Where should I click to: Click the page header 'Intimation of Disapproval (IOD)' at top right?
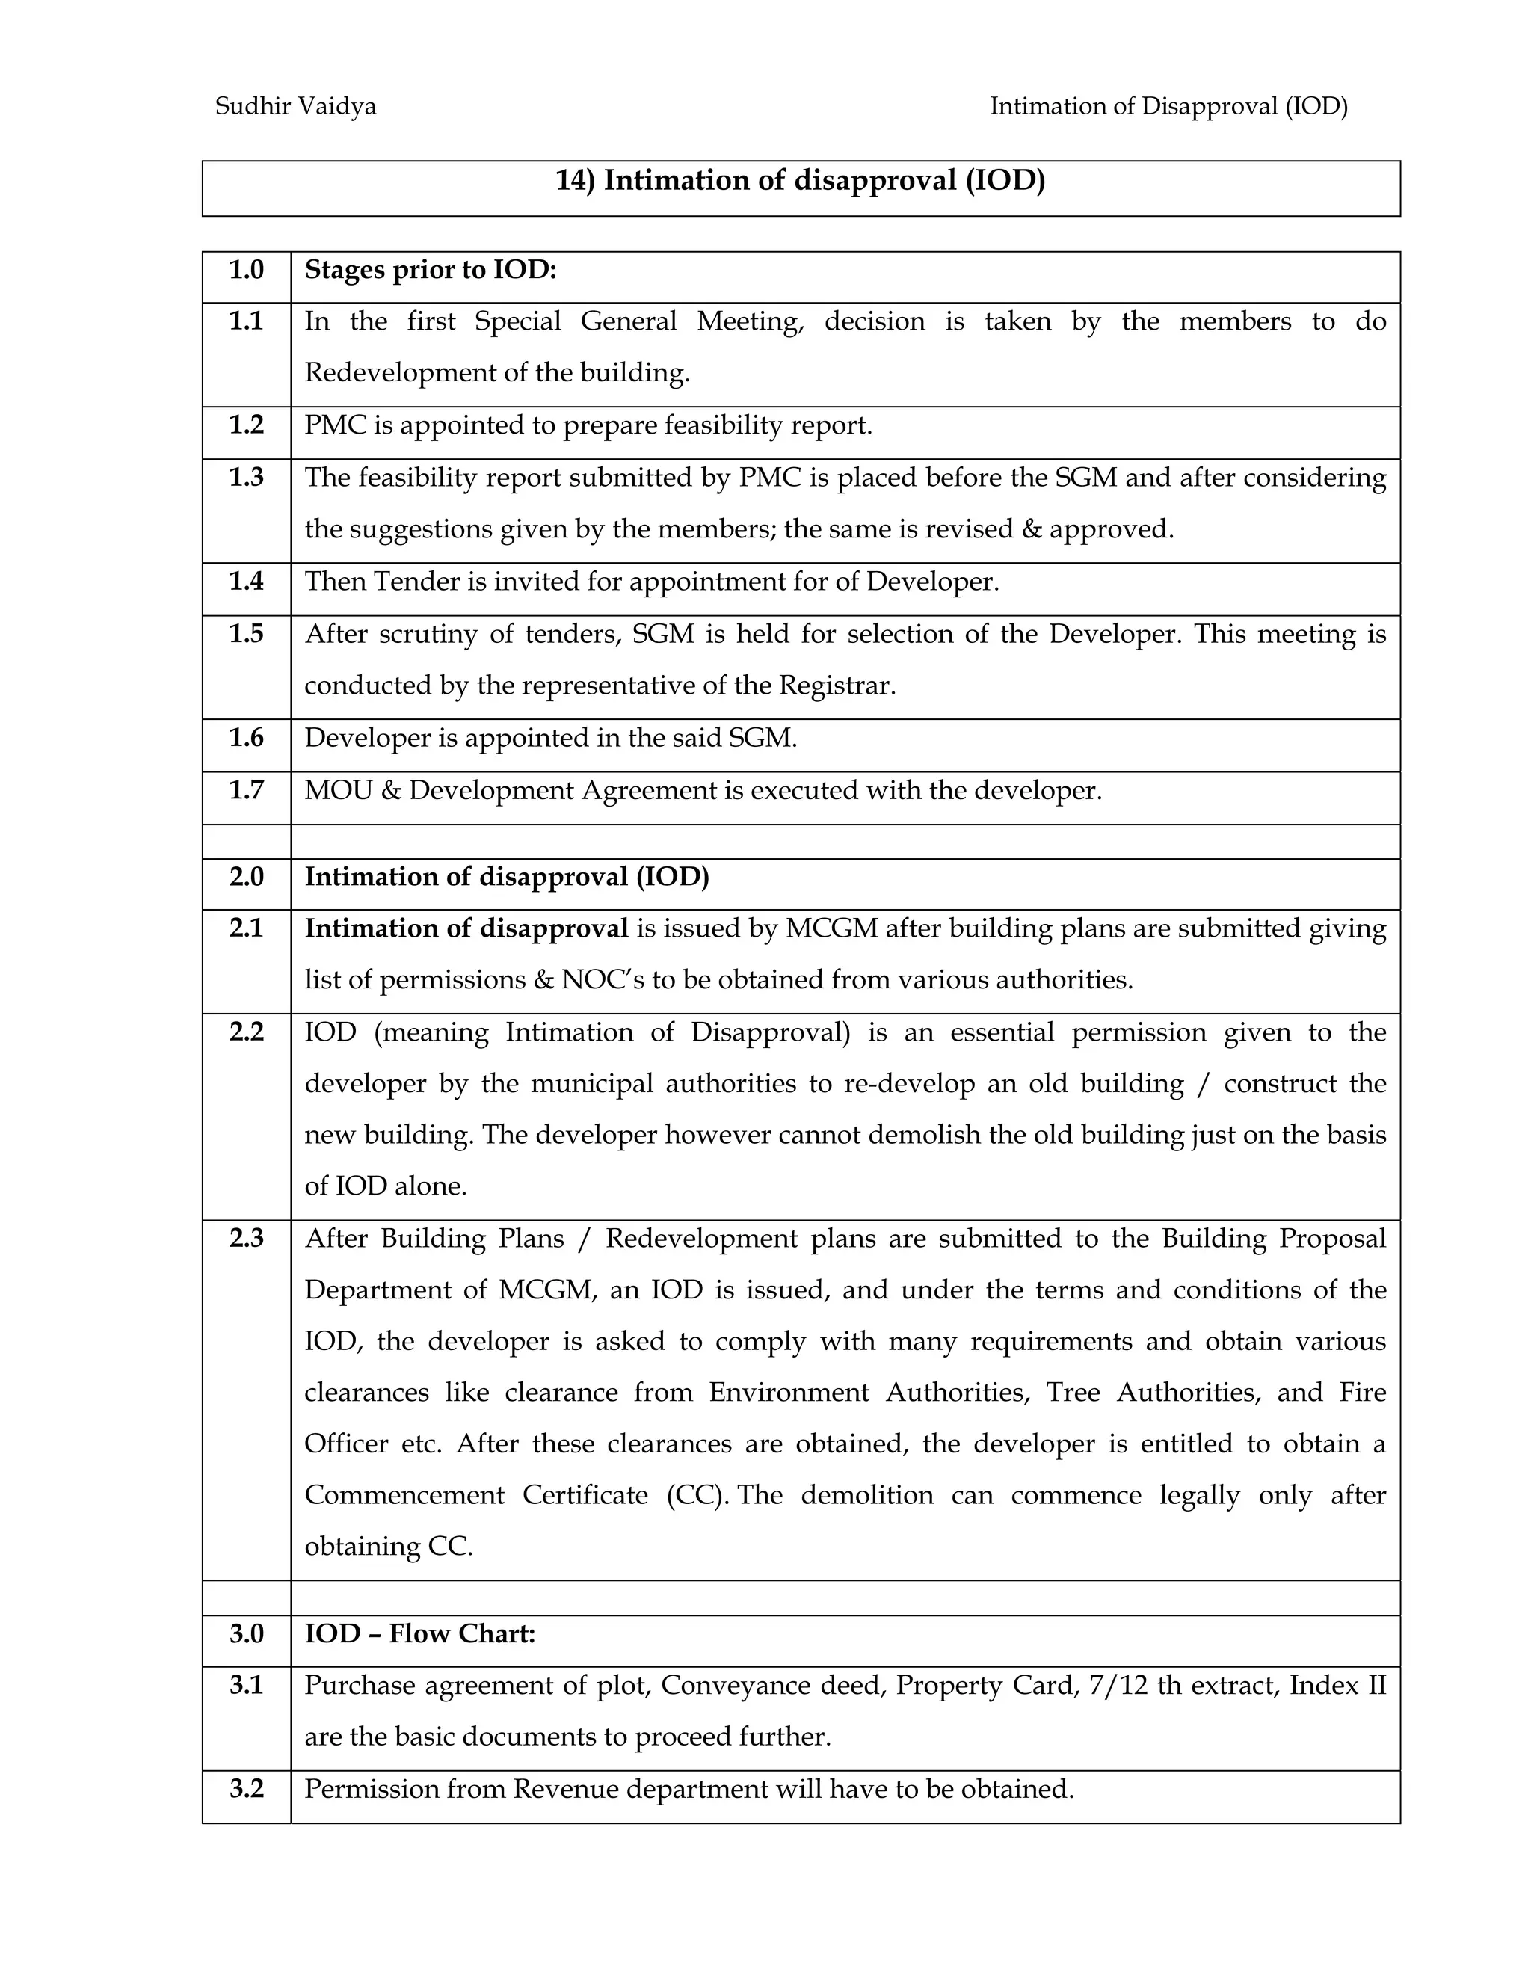point(1168,107)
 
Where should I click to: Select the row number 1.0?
point(246,271)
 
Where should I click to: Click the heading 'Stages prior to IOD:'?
point(430,271)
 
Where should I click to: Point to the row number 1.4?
point(246,582)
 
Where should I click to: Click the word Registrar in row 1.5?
point(837,686)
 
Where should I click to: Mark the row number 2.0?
point(246,877)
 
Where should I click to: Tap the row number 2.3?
point(246,1239)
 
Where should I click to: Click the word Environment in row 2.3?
point(788,1393)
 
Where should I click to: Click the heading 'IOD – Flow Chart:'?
point(420,1634)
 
